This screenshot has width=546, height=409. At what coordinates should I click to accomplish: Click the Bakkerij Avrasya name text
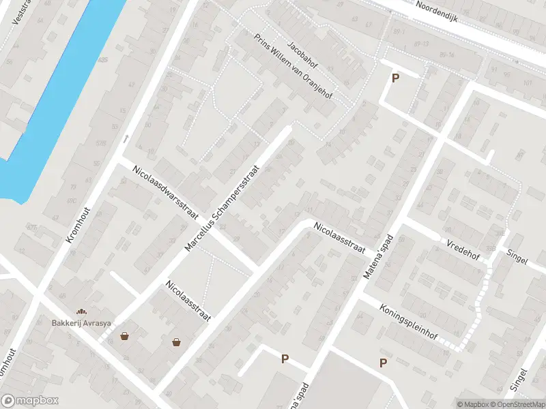84,323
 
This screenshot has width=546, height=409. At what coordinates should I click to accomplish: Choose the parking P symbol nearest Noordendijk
394,78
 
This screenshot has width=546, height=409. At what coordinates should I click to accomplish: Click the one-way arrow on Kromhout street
126,138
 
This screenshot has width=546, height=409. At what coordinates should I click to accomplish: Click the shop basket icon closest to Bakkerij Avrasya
125,335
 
